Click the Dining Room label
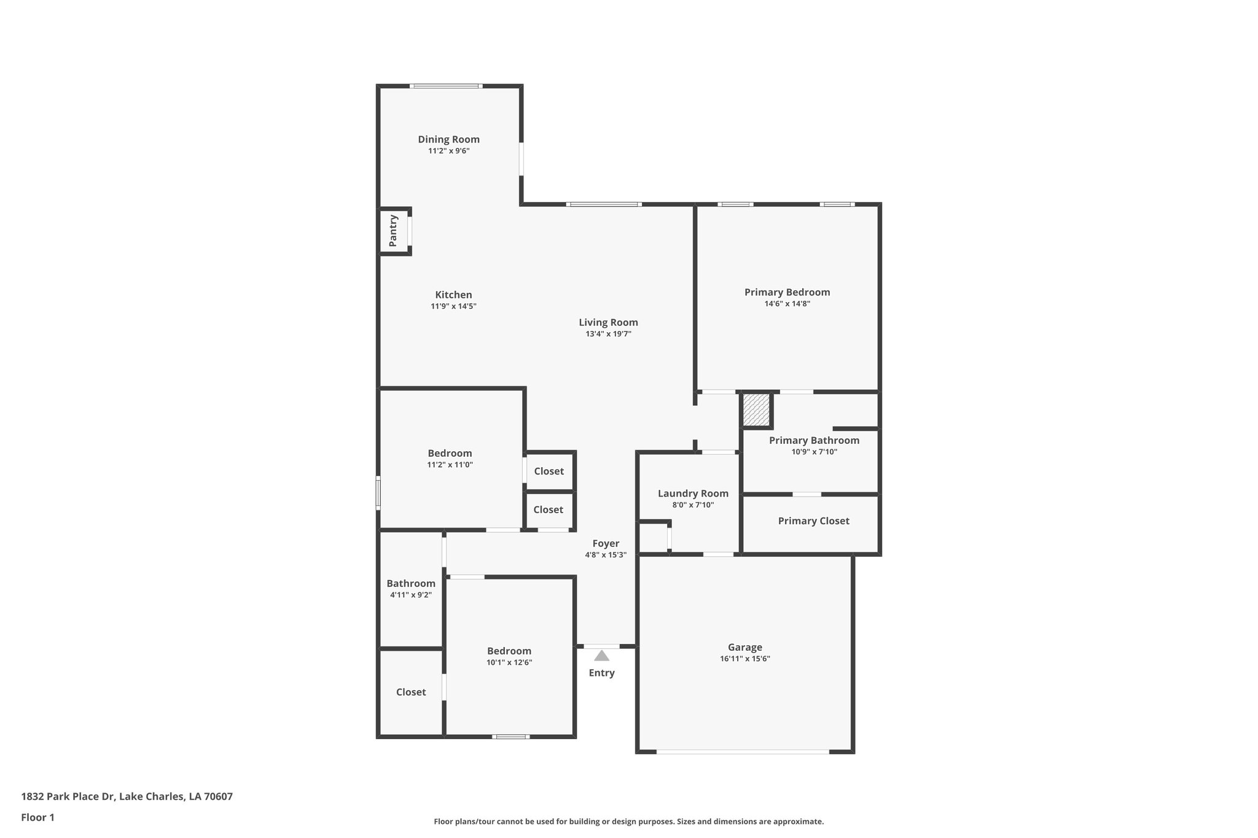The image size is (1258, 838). [x=448, y=139]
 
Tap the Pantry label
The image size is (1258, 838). [x=393, y=231]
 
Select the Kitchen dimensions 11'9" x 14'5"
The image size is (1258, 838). [x=453, y=306]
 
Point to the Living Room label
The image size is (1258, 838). [x=608, y=322]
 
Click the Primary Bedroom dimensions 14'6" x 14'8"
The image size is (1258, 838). [x=787, y=303]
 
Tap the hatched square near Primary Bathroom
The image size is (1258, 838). [x=756, y=410]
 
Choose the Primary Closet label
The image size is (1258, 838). [x=813, y=521]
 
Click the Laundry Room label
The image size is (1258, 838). [x=693, y=494]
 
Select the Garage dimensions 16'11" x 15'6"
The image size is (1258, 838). [x=744, y=659]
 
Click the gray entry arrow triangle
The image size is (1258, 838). [x=601, y=656]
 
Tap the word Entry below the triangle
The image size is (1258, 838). [x=601, y=673]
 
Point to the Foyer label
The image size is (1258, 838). [x=606, y=543]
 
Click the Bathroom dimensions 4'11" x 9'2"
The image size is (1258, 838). [x=410, y=594]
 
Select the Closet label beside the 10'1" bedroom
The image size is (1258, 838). [x=410, y=692]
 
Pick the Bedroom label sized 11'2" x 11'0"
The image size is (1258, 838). [x=450, y=453]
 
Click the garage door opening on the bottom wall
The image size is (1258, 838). [x=743, y=751]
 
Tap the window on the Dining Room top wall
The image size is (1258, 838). [x=446, y=86]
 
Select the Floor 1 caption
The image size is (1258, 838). [x=37, y=817]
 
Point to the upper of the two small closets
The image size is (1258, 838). [x=549, y=471]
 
